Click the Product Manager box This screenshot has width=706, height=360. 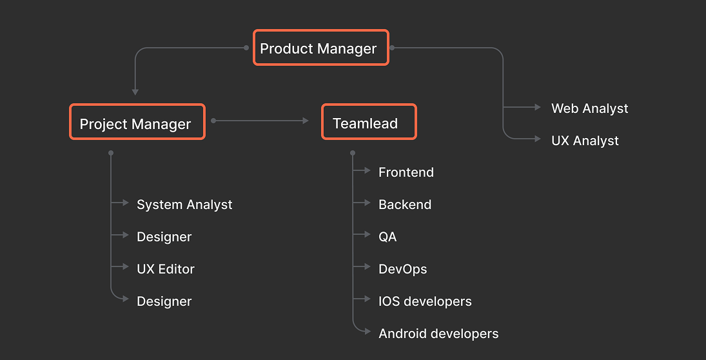[320, 48]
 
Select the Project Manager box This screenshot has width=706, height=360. [137, 122]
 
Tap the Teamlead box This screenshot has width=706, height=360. [369, 122]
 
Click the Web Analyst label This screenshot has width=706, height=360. [589, 108]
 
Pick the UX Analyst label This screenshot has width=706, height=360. [585, 141]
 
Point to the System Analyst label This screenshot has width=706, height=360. [184, 205]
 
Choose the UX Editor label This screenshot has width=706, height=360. [166, 269]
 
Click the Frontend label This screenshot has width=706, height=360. [406, 172]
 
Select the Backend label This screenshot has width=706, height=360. [405, 205]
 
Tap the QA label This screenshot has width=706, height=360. [387, 237]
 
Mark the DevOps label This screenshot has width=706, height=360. [403, 269]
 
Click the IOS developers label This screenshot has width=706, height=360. [425, 301]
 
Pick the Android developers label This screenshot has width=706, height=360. [438, 334]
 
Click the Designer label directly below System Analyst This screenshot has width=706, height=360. [164, 237]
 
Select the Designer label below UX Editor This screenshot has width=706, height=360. [164, 301]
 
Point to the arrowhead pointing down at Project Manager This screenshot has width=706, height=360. [135, 92]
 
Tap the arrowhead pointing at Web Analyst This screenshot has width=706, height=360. [538, 107]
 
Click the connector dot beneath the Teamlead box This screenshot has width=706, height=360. [353, 153]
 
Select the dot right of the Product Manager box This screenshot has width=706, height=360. [392, 48]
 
